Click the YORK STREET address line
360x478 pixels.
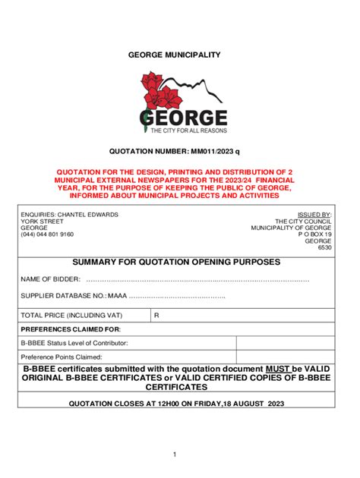[42, 222]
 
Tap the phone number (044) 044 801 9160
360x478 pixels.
[47, 234]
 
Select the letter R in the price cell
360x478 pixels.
[156, 314]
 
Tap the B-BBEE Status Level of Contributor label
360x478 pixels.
[76, 343]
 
